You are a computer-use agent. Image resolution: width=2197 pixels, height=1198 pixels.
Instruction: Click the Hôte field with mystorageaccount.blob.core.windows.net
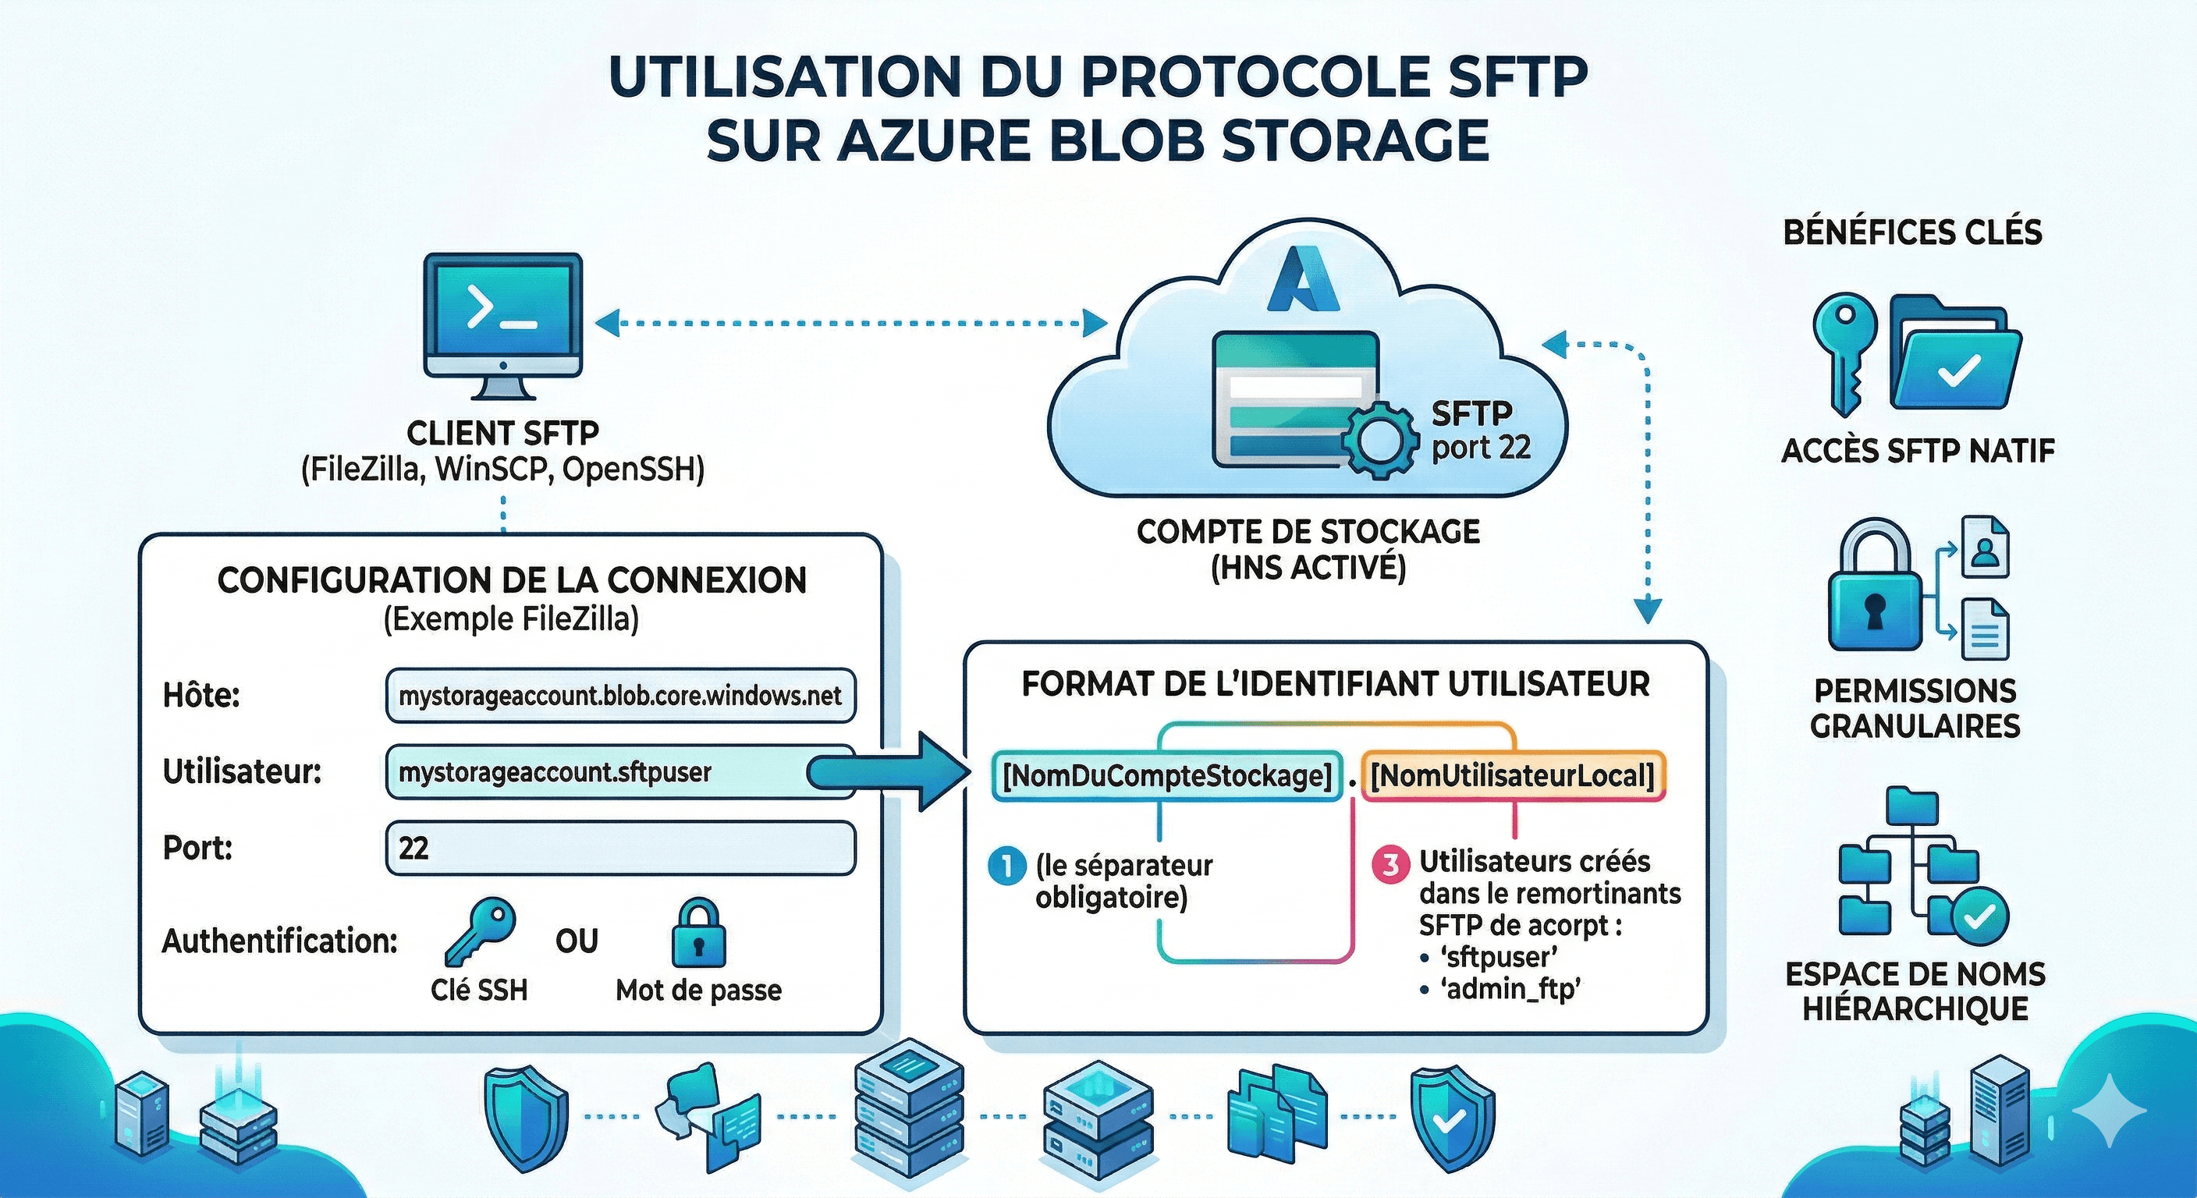(x=620, y=696)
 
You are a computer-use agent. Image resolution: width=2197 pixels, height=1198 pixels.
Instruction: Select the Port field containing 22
(x=620, y=848)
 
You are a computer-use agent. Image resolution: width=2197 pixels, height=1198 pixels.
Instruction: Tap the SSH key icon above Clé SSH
(x=480, y=932)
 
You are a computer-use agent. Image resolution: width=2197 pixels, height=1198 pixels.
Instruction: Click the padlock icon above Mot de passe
(x=697, y=933)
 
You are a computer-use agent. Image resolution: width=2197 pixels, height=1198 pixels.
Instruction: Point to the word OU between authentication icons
(x=577, y=941)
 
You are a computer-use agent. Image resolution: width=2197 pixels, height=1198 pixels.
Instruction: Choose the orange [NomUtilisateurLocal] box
(x=1512, y=776)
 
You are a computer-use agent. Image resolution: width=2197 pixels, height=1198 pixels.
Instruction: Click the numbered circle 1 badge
(x=1006, y=867)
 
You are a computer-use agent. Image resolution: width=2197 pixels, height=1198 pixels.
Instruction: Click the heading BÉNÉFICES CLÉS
(x=1912, y=232)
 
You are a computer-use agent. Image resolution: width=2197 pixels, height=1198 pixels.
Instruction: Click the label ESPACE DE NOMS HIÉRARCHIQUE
(x=1914, y=991)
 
